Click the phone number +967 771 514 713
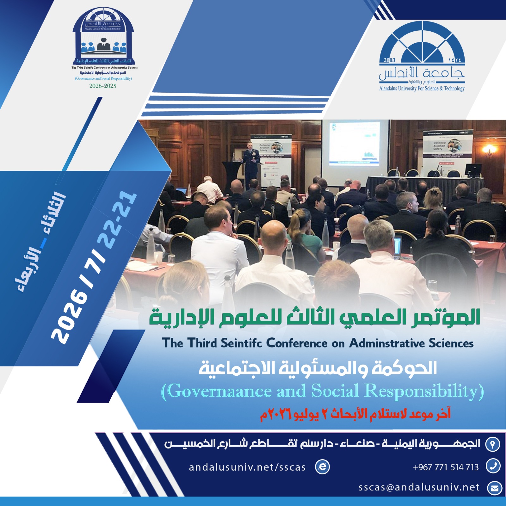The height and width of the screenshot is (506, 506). click(x=446, y=467)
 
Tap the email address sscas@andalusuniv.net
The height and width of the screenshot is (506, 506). click(x=419, y=487)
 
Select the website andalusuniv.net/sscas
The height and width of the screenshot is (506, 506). click(x=247, y=467)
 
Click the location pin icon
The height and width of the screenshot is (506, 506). click(x=493, y=444)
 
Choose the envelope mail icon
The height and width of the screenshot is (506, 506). click(x=494, y=488)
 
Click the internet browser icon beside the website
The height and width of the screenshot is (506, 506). click(x=322, y=467)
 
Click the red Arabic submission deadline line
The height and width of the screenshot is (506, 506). click(x=355, y=414)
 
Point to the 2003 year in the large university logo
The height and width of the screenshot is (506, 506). click(x=389, y=60)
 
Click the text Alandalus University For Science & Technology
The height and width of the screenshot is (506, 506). click(x=422, y=89)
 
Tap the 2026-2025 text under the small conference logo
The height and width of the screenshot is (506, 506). click(x=103, y=86)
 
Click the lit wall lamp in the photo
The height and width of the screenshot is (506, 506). click(x=489, y=149)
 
